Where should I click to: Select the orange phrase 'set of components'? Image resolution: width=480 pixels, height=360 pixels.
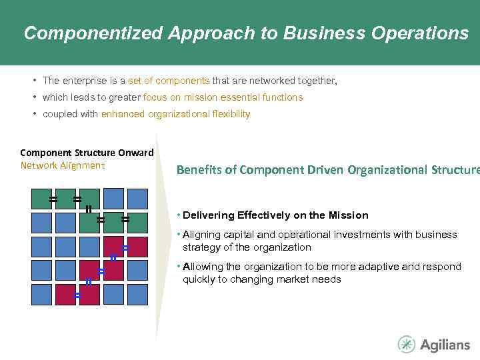click(x=169, y=81)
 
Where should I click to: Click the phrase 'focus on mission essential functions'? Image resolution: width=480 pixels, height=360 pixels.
click(x=223, y=97)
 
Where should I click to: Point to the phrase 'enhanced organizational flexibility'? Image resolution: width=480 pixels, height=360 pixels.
click(x=175, y=114)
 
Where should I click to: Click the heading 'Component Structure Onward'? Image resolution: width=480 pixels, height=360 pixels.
click(x=87, y=153)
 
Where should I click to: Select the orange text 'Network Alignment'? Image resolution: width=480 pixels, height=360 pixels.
click(x=62, y=165)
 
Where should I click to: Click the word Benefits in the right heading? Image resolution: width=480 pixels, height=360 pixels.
click(x=199, y=170)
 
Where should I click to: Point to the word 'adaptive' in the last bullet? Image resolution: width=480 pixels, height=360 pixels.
click(x=381, y=267)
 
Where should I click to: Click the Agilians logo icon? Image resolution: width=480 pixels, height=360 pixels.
click(x=406, y=344)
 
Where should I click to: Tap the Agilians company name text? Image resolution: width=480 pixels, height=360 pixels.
click(x=445, y=345)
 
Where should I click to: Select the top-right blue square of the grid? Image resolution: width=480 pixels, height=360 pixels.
click(x=137, y=199)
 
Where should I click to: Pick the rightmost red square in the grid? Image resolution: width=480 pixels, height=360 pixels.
click(x=137, y=246)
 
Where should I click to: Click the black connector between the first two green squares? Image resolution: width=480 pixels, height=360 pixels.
click(x=53, y=199)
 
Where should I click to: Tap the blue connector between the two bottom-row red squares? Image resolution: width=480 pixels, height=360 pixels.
click(x=77, y=294)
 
